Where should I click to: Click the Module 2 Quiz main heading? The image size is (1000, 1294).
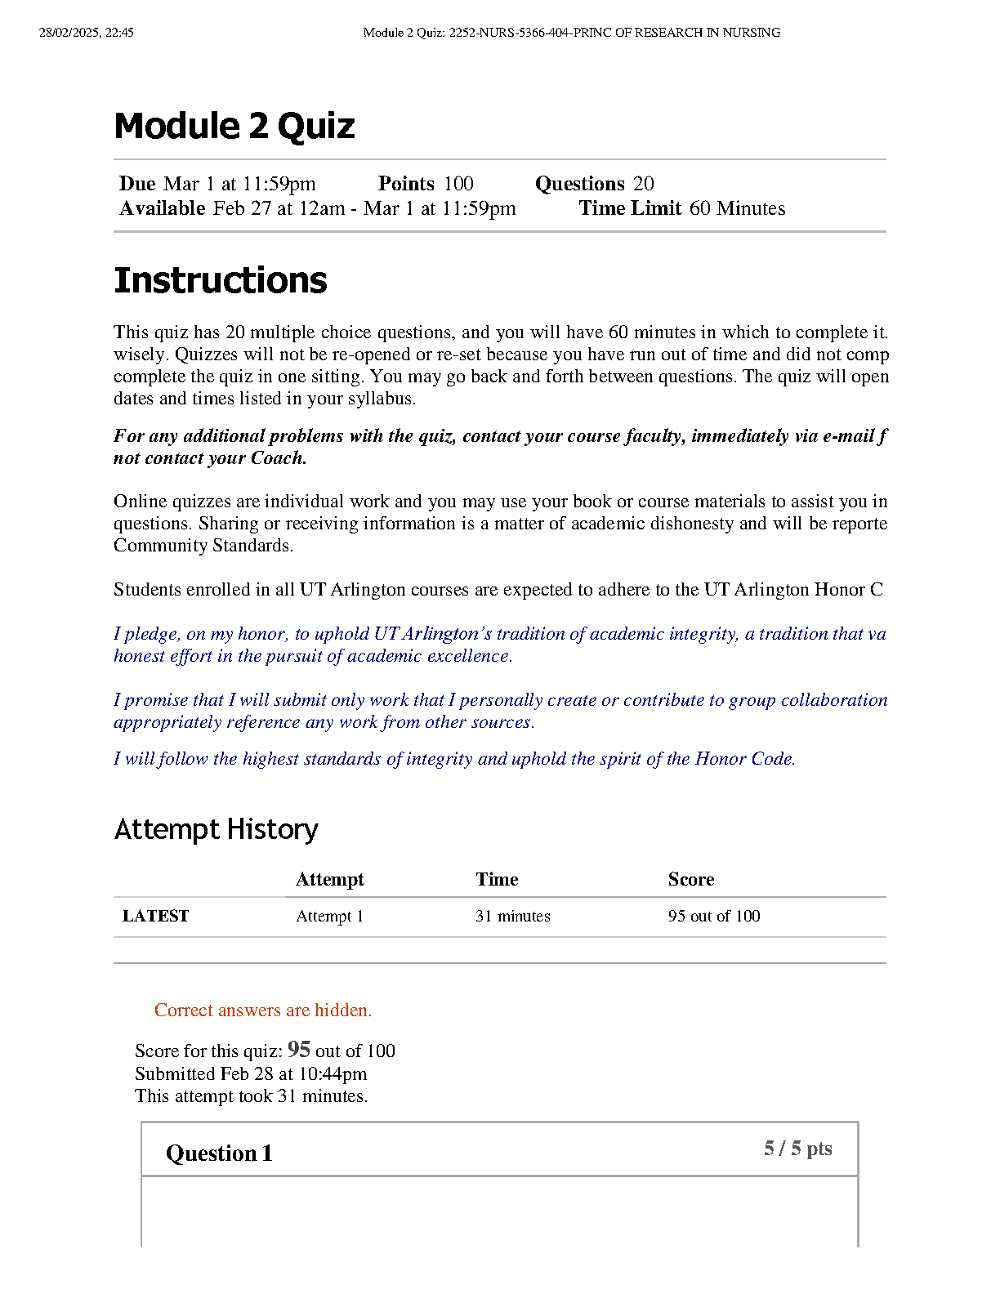[x=234, y=127]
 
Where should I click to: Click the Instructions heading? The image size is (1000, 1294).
[x=220, y=280]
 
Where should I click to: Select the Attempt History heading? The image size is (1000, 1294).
[x=216, y=829]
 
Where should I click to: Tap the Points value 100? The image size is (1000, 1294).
[x=458, y=184]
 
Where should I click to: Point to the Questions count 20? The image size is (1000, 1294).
[x=644, y=184]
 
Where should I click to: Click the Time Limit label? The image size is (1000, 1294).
[x=629, y=208]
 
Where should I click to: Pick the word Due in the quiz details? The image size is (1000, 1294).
[x=137, y=184]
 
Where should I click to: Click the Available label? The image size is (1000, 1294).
[x=162, y=208]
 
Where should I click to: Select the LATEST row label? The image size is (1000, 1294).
[x=155, y=916]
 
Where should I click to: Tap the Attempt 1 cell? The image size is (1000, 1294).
[x=329, y=916]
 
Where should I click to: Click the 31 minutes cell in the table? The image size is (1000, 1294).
[x=512, y=916]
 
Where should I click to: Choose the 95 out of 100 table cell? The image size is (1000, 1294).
[x=713, y=916]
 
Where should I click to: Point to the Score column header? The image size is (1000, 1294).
[x=690, y=879]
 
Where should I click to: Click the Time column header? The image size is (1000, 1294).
[x=497, y=879]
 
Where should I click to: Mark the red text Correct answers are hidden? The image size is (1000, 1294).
[x=262, y=1011]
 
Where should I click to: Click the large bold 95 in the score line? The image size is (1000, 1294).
[x=298, y=1049]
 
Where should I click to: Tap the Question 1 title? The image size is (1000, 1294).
[x=219, y=1153]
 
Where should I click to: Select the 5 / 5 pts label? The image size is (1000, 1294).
[x=797, y=1149]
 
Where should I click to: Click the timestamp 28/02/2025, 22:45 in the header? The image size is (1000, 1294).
[x=86, y=33]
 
